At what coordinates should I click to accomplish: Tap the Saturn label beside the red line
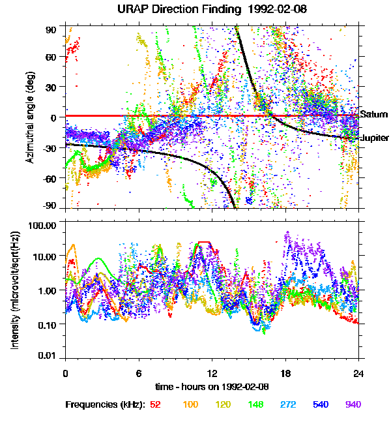coord(374,114)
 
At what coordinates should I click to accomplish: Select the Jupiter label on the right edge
coord(375,138)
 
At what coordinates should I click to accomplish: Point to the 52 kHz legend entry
coord(155,404)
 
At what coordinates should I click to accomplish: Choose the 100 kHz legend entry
coord(190,404)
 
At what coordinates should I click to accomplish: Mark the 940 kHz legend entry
coord(353,404)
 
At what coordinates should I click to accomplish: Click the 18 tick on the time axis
coord(285,373)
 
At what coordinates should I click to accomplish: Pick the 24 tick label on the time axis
coord(358,373)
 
